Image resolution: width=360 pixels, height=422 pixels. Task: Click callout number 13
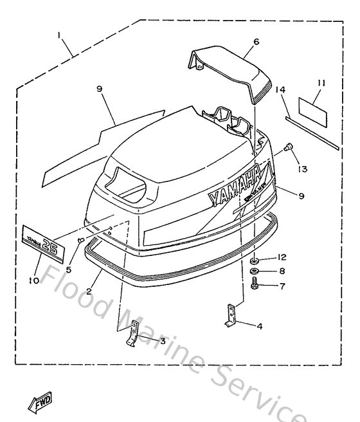coord(302,169)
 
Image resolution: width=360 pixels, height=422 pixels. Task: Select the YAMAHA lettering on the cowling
coord(235,185)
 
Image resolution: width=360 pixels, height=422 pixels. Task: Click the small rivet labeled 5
coord(81,241)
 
